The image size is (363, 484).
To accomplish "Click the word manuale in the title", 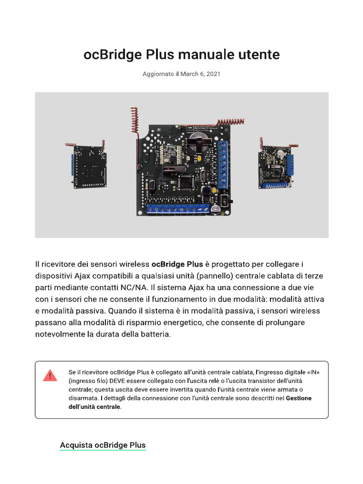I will pyautogui.click(x=199, y=55).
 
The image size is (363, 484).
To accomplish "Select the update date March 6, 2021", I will pyautogui.click(x=200, y=74).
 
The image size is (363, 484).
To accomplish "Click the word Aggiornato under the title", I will pyautogui.click(x=158, y=74).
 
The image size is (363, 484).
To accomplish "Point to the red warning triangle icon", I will pyautogui.click(x=50, y=376).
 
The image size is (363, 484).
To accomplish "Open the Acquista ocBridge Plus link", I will pyautogui.click(x=103, y=445).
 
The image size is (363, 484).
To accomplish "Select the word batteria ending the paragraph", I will pyautogui.click(x=150, y=335).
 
